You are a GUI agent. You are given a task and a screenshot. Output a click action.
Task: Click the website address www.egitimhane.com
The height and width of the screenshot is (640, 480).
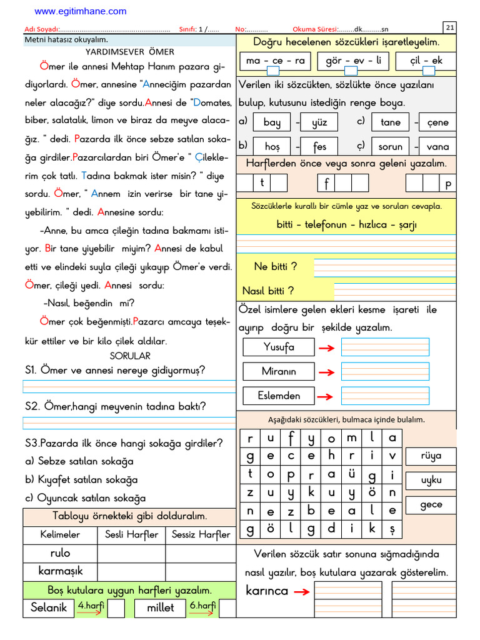80,11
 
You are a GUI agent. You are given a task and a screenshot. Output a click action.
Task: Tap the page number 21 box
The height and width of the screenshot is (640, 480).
450,27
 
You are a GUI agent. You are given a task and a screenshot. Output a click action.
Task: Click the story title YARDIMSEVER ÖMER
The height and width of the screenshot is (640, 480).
130,52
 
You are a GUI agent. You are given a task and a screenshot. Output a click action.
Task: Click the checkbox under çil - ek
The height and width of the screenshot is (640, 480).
429,71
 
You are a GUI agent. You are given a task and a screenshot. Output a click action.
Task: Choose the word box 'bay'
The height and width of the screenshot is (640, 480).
272,122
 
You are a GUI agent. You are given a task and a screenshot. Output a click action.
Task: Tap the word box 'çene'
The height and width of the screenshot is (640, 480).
437,122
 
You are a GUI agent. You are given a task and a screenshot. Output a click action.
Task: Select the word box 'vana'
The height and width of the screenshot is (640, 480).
437,146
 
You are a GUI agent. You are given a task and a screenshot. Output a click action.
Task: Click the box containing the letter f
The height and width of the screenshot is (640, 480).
327,183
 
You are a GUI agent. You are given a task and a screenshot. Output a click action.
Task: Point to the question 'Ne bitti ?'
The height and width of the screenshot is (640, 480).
275,266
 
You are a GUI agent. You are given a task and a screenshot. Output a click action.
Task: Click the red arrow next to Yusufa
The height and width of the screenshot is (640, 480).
326,348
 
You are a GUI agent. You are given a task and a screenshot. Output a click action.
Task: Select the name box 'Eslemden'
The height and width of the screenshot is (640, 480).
279,396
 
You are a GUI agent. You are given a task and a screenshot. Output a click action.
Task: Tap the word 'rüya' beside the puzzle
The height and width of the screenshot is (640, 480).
431,456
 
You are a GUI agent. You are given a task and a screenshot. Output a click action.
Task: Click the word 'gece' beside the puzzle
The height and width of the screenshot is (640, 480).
431,504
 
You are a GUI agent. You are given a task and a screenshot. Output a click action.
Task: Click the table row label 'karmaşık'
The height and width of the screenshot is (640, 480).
60,571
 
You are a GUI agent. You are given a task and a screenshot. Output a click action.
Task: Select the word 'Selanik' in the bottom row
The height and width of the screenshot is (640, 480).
49,607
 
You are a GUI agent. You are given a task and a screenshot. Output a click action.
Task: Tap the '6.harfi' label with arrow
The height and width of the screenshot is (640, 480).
202,607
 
